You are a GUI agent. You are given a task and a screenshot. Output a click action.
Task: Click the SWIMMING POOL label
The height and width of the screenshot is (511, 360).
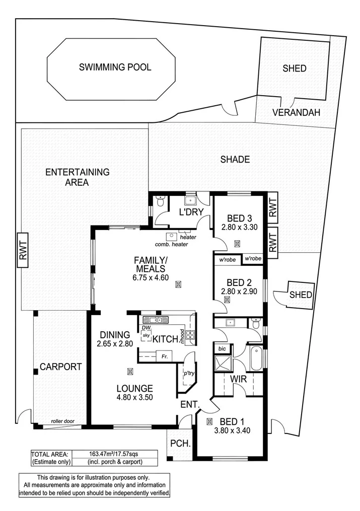115,67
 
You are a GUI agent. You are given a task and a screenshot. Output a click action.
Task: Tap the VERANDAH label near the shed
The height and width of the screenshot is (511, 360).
296,112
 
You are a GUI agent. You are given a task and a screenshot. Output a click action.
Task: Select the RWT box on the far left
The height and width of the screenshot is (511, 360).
23,250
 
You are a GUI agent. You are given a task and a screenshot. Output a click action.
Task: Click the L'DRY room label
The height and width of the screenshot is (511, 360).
190,212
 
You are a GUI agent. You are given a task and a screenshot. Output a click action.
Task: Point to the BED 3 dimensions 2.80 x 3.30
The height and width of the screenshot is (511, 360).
239,227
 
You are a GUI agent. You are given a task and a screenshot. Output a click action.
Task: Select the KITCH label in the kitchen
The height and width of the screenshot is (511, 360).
165,339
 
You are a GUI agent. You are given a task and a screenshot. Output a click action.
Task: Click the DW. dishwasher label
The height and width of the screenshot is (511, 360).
147,327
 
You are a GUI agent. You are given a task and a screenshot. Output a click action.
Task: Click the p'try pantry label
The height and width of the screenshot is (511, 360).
189,373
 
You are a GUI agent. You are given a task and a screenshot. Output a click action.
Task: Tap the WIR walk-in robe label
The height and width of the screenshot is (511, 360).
239,379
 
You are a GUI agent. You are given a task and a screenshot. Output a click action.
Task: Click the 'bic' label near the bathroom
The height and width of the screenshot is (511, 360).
222,348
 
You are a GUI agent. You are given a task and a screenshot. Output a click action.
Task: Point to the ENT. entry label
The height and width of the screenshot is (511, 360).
192,404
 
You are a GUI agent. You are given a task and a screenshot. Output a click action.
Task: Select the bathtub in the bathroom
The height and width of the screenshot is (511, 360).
256,358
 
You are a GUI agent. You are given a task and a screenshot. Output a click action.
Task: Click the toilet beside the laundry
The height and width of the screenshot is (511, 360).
160,201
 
